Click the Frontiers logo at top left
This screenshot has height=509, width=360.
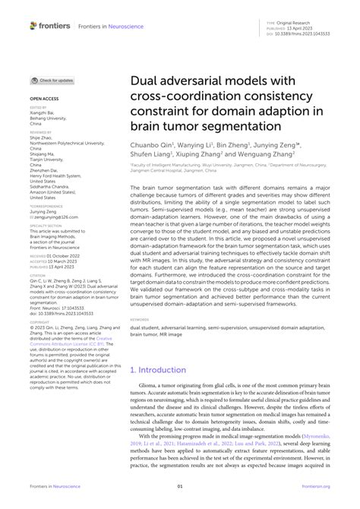50,25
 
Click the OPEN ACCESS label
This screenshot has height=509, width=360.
44,99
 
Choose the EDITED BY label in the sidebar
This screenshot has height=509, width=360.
39,107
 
